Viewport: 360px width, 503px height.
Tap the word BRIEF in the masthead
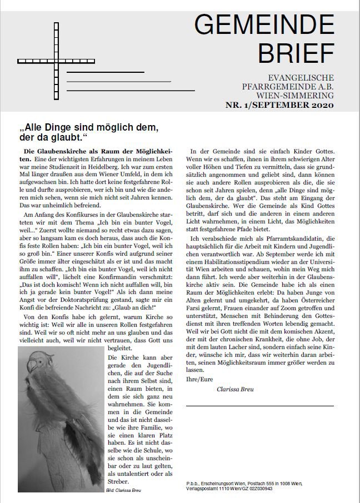(295, 53)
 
